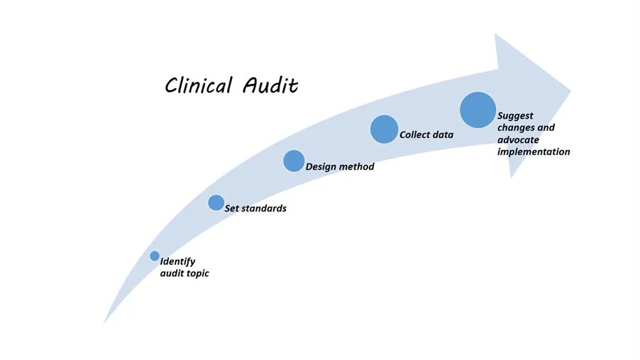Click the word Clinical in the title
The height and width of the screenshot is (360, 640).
pos(199,86)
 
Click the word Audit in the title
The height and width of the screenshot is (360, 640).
pos(270,86)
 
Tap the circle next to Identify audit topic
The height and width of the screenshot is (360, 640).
pos(155,256)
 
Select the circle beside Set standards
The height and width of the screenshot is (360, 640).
pos(216,203)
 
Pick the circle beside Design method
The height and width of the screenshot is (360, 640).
pos(294,161)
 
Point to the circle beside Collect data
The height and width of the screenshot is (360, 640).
pos(384,129)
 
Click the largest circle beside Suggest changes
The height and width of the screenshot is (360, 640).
pos(478,110)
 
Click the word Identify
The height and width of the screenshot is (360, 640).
pos(177,262)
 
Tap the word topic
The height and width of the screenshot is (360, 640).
pos(197,273)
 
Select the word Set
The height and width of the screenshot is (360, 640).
pos(233,209)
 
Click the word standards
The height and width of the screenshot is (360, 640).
pos(265,209)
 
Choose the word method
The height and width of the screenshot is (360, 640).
pos(358,167)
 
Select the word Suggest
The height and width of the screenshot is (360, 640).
pos(515,116)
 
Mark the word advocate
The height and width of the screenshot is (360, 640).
pos(518,140)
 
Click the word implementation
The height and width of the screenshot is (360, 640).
pos(534,152)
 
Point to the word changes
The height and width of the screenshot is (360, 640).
pos(516,128)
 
